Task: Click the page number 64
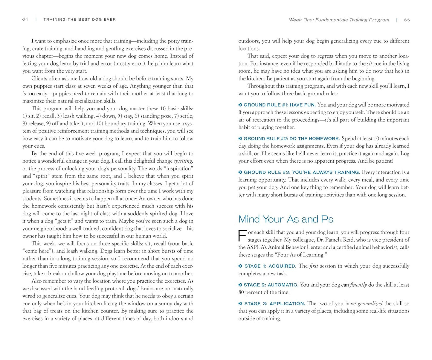click(25, 19)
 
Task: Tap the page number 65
click(407, 20)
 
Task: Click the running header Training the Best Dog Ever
click(80, 19)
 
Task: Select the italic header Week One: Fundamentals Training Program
click(339, 20)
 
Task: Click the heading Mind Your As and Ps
click(286, 219)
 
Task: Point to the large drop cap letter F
click(242, 235)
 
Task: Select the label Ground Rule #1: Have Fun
click(280, 105)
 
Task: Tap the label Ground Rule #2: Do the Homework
click(291, 139)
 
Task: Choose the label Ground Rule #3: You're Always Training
click(302, 173)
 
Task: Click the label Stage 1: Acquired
click(270, 266)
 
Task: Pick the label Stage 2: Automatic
click(271, 285)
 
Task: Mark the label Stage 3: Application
click(274, 304)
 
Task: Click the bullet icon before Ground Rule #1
click(240, 105)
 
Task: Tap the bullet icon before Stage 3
click(240, 304)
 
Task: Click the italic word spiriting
click(183, 161)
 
